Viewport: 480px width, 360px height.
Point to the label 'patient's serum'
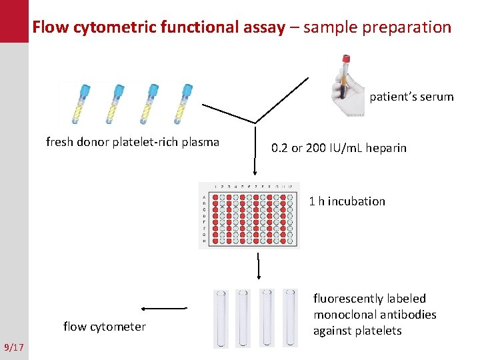coord(411,97)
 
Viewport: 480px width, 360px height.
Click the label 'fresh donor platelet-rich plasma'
coord(132,141)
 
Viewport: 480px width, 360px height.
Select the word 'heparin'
coord(385,147)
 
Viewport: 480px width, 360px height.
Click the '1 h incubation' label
coord(347,201)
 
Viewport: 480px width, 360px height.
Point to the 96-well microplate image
coord(249,215)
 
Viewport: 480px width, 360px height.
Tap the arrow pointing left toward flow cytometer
coord(164,309)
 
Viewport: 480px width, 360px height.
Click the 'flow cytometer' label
coord(104,326)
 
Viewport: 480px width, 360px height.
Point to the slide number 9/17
coord(13,347)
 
